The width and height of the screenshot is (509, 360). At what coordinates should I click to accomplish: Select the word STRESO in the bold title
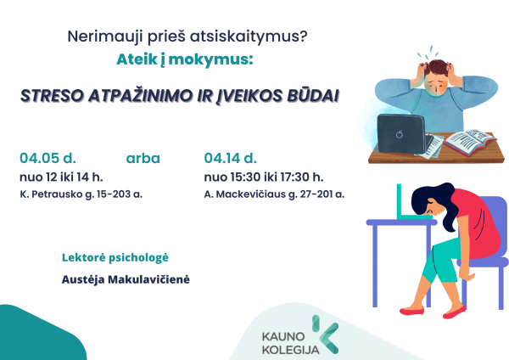tap(52, 96)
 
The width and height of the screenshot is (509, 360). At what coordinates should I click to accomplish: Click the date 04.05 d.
tap(48, 158)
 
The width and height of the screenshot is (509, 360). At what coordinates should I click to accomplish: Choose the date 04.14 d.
tap(230, 158)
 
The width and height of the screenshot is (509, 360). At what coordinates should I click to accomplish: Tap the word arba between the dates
tap(143, 159)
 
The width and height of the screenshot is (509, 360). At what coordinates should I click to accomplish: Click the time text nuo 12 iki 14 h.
tap(61, 177)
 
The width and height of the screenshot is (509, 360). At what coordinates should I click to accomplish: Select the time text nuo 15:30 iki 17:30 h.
tap(264, 177)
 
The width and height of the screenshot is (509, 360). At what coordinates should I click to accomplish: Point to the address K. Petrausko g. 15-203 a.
tap(81, 194)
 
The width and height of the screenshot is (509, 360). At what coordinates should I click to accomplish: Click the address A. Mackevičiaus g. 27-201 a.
tap(274, 194)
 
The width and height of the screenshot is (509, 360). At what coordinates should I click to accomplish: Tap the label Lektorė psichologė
tap(115, 258)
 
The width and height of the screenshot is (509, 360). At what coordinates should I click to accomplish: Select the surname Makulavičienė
tap(148, 279)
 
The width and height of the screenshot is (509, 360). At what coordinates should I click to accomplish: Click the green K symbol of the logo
tap(325, 335)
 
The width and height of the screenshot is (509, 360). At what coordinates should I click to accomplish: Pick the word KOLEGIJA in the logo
tap(290, 350)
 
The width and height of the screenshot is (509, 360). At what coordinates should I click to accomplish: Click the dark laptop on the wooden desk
tap(402, 133)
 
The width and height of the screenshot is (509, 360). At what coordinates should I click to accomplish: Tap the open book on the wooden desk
tap(470, 143)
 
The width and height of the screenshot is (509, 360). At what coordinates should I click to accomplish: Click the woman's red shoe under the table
tap(411, 312)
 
